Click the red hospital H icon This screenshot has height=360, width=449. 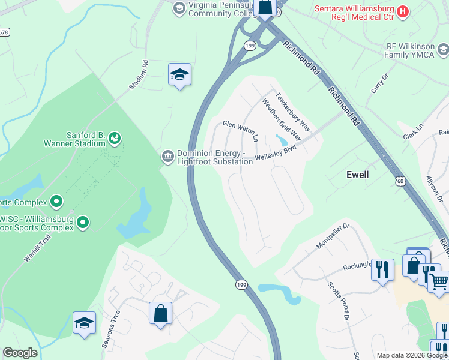(403, 10)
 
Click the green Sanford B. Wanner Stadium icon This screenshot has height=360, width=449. (114, 139)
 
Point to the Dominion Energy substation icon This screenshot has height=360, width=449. (167, 157)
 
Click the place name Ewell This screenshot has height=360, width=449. (357, 175)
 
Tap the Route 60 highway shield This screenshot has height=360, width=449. (400, 180)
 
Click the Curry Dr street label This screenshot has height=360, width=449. (380, 83)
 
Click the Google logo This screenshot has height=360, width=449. (20, 353)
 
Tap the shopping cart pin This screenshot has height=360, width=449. (439, 281)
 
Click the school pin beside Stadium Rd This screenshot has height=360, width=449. (179, 74)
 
